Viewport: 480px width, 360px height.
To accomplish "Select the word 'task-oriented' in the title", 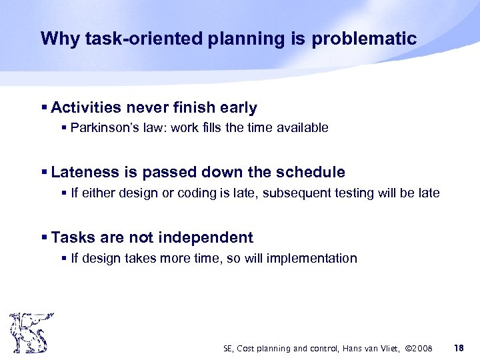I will (128, 38).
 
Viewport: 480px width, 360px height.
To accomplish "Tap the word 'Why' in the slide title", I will (56, 38).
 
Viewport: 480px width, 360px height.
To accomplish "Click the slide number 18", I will (458, 348).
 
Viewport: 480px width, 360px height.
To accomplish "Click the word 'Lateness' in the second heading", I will (85, 173).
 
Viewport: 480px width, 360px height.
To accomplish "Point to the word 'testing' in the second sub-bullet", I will (363, 193).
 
